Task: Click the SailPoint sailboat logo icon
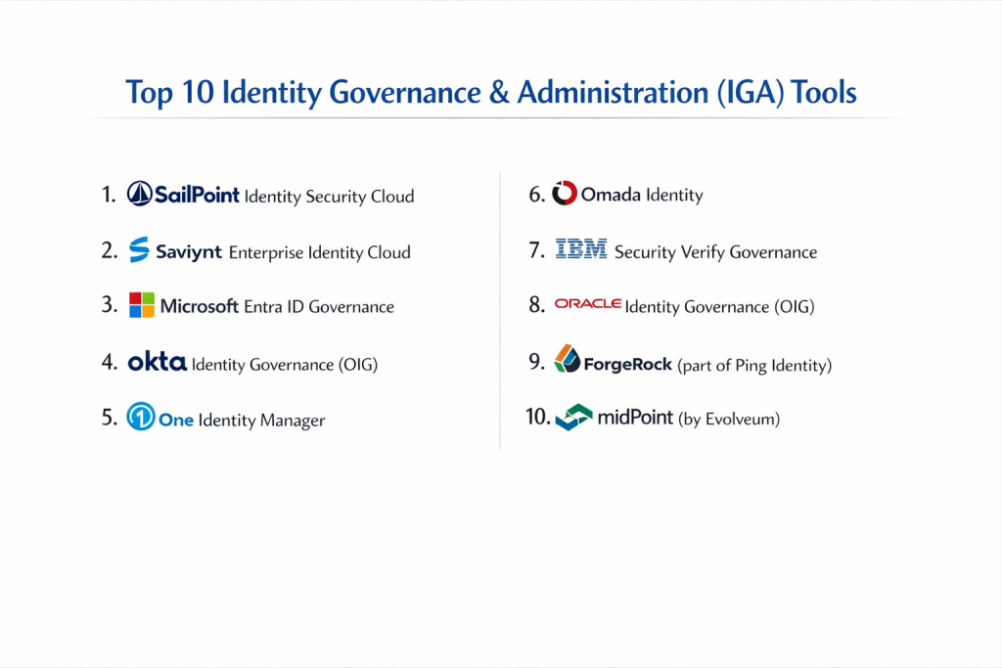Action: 139,194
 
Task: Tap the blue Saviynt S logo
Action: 139,249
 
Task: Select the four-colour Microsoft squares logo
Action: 142,305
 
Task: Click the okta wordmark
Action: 158,362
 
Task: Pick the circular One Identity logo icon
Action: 141,417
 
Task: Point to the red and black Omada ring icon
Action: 565,193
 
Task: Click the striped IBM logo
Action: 581,248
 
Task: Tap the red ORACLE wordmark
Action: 588,303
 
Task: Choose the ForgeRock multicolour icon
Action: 567,358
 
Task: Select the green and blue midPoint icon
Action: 573,417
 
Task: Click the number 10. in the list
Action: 538,417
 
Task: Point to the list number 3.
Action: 110,304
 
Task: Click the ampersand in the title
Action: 499,92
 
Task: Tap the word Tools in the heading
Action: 824,92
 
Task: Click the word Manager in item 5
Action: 293,421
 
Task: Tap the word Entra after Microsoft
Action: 262,306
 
